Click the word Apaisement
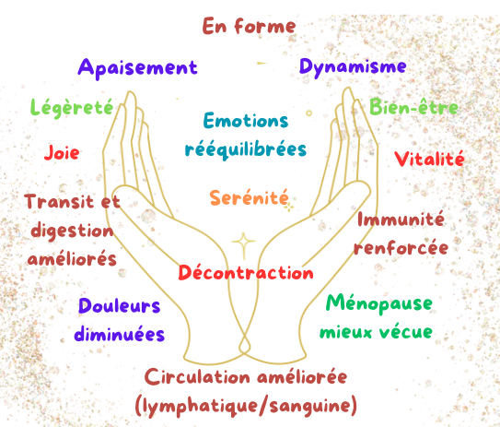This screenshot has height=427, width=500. click(138, 68)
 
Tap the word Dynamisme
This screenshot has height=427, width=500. click(353, 67)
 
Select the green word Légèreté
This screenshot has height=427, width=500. click(72, 108)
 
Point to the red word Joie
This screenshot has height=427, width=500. click(62, 152)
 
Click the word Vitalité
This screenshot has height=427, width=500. click(429, 159)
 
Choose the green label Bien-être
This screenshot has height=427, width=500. click(413, 107)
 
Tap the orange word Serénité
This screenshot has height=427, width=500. click(249, 197)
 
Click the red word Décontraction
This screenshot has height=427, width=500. click(246, 272)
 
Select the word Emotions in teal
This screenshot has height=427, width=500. click(246, 121)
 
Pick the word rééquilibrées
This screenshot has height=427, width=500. click(246, 149)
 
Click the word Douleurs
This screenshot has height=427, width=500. click(120, 306)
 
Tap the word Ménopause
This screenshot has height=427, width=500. click(379, 304)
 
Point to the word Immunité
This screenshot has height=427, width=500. click(401, 219)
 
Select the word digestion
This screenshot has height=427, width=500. click(73, 231)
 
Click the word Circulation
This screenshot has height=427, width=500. click(197, 377)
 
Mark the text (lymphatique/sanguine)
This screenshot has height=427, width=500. click(246, 406)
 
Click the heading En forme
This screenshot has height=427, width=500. click(249, 26)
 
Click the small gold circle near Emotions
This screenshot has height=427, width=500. click(308, 113)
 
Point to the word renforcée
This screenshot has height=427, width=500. click(401, 248)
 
